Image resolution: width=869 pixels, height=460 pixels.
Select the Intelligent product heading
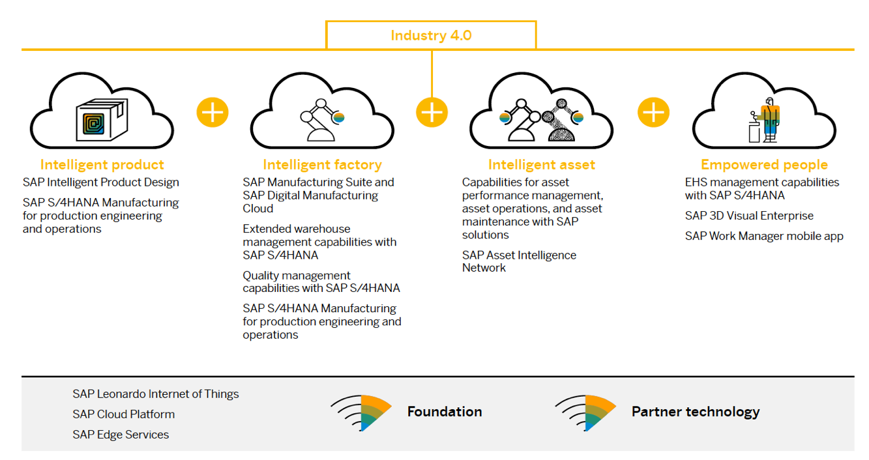pyautogui.click(x=102, y=165)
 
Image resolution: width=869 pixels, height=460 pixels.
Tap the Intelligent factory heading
pyautogui.click(x=323, y=165)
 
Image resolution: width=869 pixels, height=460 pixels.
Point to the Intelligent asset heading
pyautogui.click(x=542, y=165)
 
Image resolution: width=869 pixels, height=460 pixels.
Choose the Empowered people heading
pyautogui.click(x=764, y=165)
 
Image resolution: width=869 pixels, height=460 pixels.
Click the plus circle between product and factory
pyautogui.click(x=213, y=113)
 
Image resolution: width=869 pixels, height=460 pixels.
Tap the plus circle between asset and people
pyautogui.click(x=654, y=113)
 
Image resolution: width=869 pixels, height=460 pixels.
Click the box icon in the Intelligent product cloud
pyautogui.click(x=102, y=119)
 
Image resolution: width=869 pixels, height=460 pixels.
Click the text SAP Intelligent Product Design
pyautogui.click(x=101, y=182)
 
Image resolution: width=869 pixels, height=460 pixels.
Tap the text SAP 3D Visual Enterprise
pyautogui.click(x=749, y=216)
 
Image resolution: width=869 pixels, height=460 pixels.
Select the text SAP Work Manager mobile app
pyautogui.click(x=764, y=236)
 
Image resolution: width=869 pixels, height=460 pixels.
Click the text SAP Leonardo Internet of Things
pyautogui.click(x=156, y=394)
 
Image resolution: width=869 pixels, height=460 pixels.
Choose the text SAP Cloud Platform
pyautogui.click(x=124, y=414)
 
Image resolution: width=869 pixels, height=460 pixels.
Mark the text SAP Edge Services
pyautogui.click(x=121, y=435)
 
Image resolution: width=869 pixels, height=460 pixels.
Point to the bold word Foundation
pyautogui.click(x=445, y=412)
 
